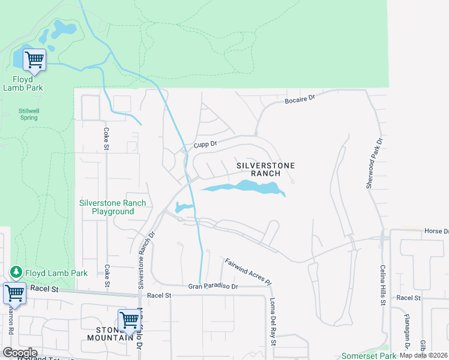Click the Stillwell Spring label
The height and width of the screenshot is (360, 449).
[x=28, y=114]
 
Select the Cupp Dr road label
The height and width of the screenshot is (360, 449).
[x=204, y=145]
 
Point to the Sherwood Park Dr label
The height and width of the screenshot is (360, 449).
[x=374, y=163]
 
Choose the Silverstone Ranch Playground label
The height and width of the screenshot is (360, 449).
[x=112, y=207]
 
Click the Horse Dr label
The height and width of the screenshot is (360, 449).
[x=436, y=231]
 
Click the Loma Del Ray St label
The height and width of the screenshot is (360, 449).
[x=272, y=322]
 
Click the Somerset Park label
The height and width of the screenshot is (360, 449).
[x=364, y=356]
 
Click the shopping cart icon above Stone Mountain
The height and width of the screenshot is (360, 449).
[x=129, y=320]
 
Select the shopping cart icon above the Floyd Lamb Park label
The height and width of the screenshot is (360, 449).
[x=34, y=59]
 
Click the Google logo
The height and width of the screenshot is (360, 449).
[x=19, y=353]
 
